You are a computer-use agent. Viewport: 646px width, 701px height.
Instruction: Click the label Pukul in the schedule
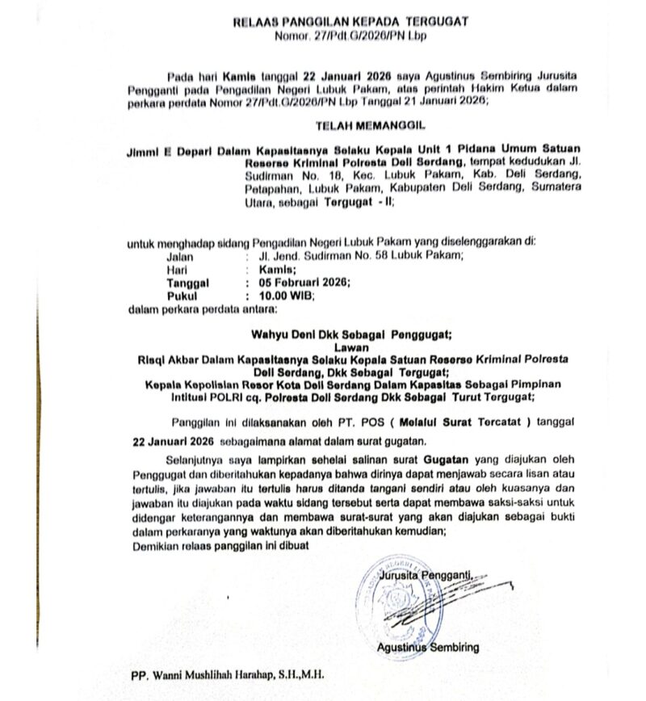click(182, 296)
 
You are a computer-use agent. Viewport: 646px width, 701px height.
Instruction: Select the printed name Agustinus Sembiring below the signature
click(427, 647)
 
